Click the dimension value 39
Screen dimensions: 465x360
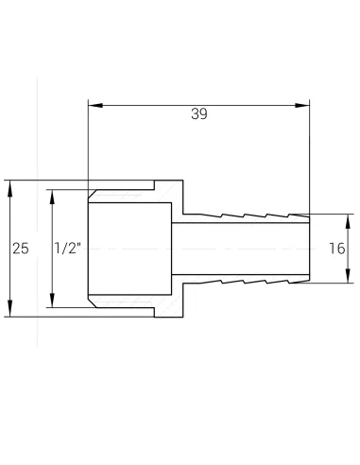point(198,114)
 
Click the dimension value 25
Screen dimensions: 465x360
point(21,249)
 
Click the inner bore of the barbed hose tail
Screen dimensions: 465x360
point(241,249)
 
